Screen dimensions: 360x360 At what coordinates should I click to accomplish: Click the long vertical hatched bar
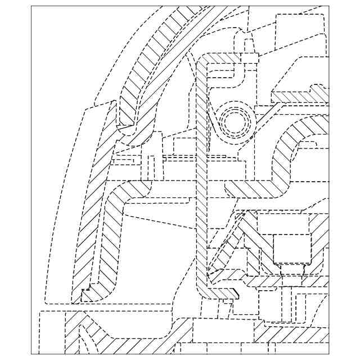[201, 186]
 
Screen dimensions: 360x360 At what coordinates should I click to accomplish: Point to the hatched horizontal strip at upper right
[301, 97]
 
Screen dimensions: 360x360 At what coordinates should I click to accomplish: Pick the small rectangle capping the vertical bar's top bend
[250, 57]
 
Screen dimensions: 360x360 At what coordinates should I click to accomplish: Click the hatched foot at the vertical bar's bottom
[222, 294]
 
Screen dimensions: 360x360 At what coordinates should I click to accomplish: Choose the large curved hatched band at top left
[157, 56]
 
